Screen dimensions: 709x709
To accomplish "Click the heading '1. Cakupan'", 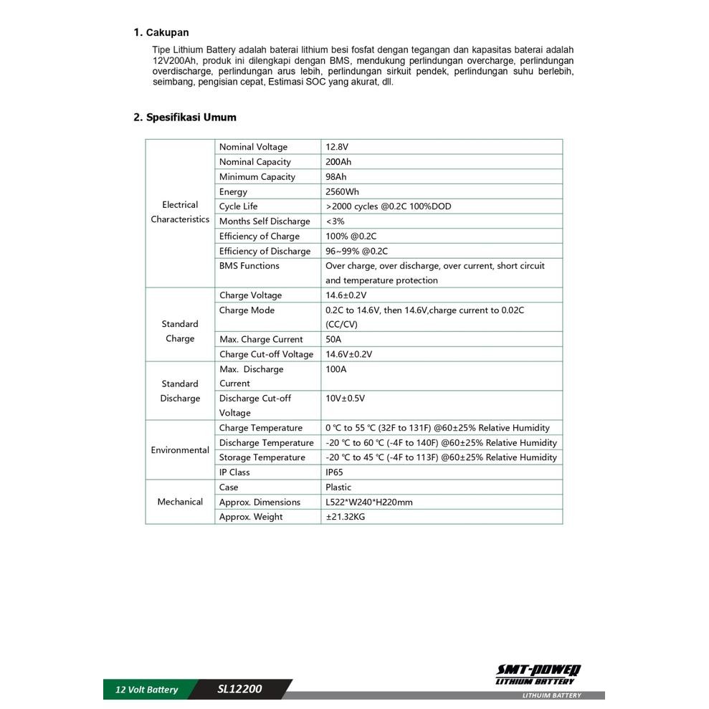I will pos(161,32).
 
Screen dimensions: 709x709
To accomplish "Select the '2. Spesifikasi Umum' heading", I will pos(185,117).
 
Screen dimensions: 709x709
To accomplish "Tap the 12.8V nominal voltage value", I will pos(337,147).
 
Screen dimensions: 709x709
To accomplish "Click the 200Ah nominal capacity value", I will pos(338,162).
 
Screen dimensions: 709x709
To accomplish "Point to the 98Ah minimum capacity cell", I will pos(336,177).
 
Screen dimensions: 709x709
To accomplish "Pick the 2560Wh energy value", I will pos(342,192).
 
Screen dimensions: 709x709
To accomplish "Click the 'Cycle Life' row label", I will pos(239,206).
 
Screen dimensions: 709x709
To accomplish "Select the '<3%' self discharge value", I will pos(335,222).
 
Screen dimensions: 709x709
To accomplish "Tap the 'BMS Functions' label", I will pos(249,266).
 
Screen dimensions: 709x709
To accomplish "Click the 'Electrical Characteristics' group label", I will pos(180,212).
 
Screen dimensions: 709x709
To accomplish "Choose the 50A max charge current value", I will pos(333,340).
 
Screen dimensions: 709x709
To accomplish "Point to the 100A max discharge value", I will pos(336,369).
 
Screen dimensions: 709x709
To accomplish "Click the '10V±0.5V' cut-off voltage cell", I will pos(350,399).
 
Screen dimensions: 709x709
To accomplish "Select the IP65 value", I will pos(336,472).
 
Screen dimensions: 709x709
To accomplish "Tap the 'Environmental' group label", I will pos(180,450).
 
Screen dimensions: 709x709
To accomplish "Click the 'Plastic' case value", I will pos(338,487).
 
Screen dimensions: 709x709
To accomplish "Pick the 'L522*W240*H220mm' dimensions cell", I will pos(369,503).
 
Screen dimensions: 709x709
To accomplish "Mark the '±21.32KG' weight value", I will pos(346,517).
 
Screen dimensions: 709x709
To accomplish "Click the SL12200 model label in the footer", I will pos(240,690).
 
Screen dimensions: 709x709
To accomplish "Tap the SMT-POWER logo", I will pos(539,675).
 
